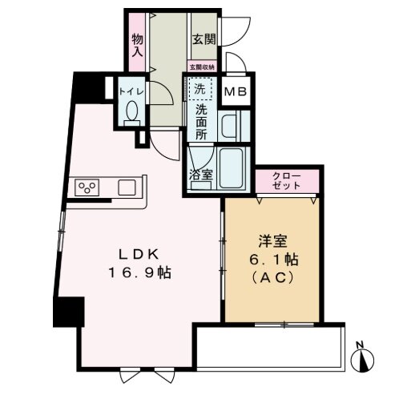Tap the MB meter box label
tap(236, 92)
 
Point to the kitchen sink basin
tap(127, 187)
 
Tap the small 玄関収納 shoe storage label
tap(202, 67)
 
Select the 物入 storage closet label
tap(137, 46)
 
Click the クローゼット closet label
tap(287, 181)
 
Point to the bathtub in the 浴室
tap(231, 168)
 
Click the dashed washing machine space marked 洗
tap(200, 88)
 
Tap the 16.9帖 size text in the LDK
tap(139, 272)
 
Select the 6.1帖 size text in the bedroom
tap(273, 260)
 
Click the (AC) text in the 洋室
tap(273, 278)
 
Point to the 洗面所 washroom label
tap(201, 122)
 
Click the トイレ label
tap(131, 91)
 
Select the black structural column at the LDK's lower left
tap(69, 312)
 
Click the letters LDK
tap(139, 255)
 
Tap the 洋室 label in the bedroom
tap(273, 241)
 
